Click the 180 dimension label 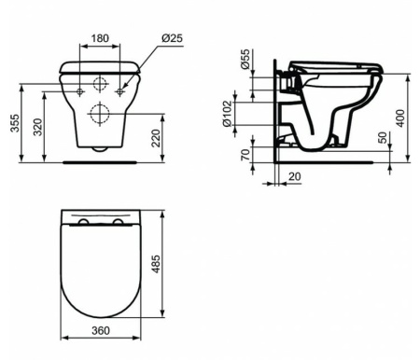point(100,38)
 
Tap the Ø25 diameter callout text point(172,38)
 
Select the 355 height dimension point(15,123)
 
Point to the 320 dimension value point(37,127)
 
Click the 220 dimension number point(155,138)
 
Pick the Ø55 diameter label point(245,59)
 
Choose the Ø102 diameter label point(228,113)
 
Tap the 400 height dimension point(400,118)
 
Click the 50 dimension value point(384,137)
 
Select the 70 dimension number point(245,155)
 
